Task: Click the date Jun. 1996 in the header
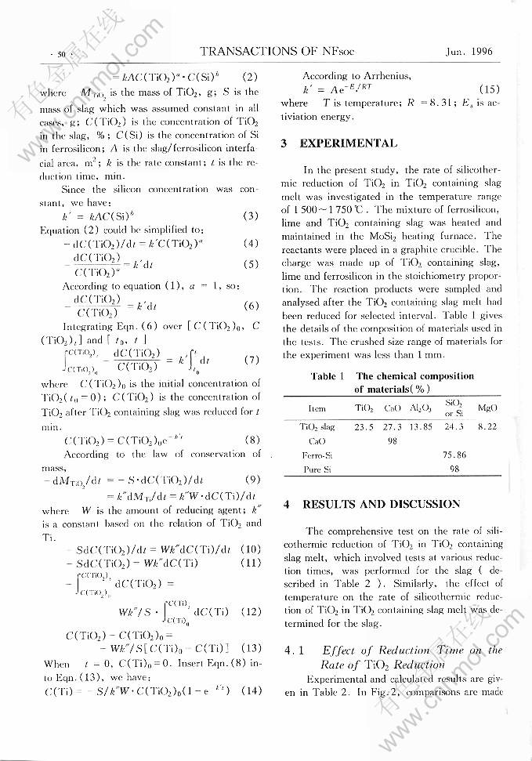pos(469,52)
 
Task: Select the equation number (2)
pos(250,77)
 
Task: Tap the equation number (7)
pos(251,360)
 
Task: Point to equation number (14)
pos(251,691)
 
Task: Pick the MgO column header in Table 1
pos(487,408)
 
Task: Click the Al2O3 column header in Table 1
pos(421,408)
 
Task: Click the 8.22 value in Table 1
pos(487,427)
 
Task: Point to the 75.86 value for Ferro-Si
pos(454,455)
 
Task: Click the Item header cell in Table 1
pos(317,408)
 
